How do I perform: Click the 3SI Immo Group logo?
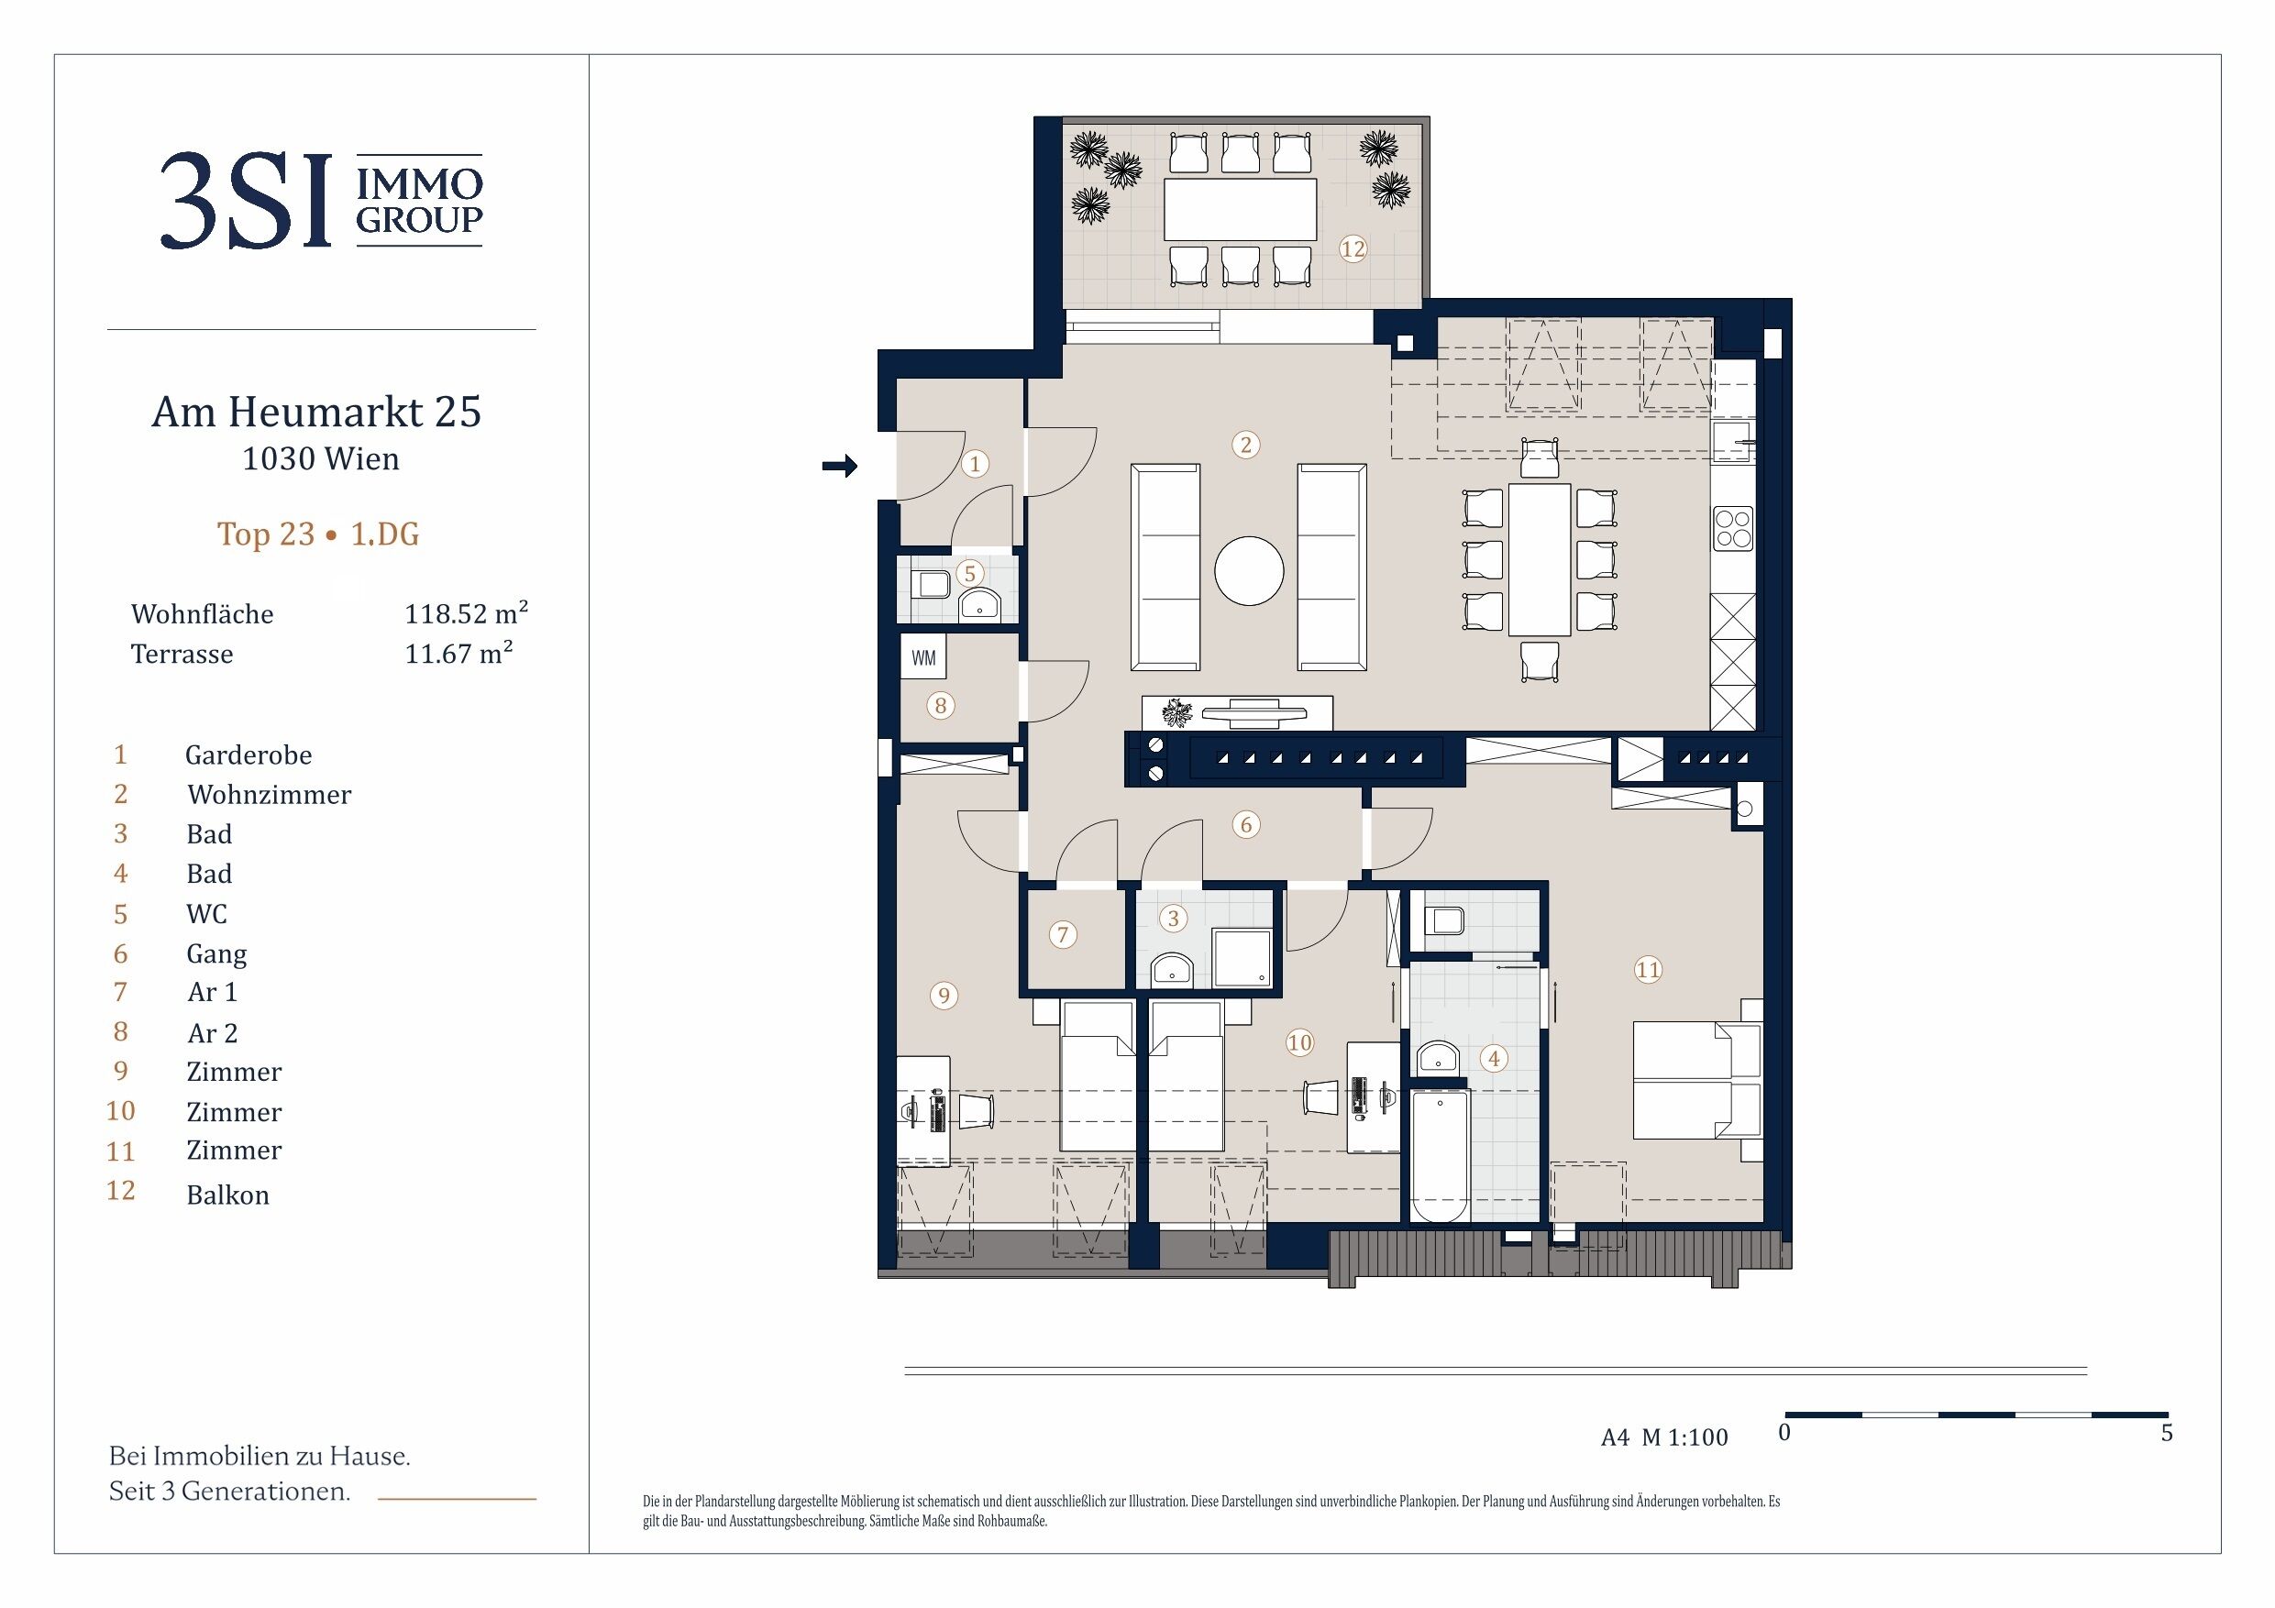pos(321,200)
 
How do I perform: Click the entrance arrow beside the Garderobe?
pos(839,465)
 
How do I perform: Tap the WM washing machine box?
pos(923,657)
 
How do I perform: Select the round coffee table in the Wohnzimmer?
pos(1249,570)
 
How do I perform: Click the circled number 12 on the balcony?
pos(1353,248)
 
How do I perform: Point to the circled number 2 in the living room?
pos(1245,445)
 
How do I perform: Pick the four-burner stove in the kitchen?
pos(1733,528)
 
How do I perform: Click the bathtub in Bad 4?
pos(1440,1156)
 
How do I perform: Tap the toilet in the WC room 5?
pos(932,585)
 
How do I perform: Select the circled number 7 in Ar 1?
pos(1063,934)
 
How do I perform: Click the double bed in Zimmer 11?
pos(1697,1080)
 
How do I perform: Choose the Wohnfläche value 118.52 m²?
pos(466,613)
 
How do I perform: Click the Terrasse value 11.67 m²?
pos(458,653)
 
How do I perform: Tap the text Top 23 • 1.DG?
pos(318,534)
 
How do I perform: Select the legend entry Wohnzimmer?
pos(270,795)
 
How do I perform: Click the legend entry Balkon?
pos(228,1195)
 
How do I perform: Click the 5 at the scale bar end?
pos(2166,1433)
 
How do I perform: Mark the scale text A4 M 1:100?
pos(1664,1437)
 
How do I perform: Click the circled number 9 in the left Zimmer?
pos(944,996)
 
